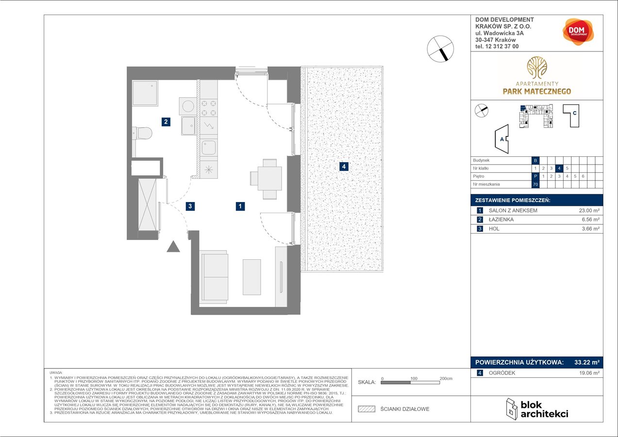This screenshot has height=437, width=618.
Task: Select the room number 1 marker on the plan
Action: pos(240,206)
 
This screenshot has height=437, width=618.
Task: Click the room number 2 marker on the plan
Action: pos(166,122)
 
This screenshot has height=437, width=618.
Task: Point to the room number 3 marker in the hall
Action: pos(191,206)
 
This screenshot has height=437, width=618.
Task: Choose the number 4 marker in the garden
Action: pos(344,167)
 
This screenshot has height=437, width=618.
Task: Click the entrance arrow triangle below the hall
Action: pos(173,247)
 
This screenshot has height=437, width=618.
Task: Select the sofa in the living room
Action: pos(214,277)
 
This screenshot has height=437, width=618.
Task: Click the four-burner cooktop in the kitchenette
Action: pos(209,108)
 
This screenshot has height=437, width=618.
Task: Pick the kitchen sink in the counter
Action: pos(209,146)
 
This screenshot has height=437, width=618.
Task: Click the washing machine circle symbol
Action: pos(187,106)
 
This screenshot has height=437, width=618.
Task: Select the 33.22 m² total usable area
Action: pos(585,362)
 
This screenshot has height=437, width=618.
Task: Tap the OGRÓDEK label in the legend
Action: pos(502,373)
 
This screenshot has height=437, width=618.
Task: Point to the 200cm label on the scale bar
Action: pos(446,378)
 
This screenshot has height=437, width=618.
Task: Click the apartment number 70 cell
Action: pos(535,185)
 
